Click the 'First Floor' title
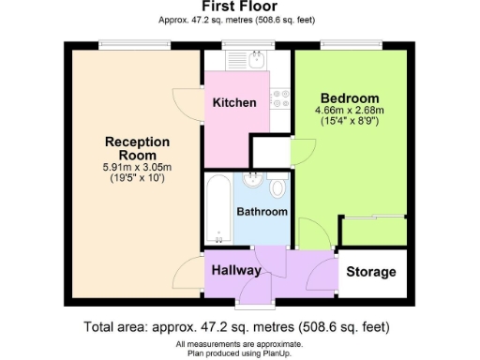[239, 7]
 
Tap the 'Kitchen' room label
[233, 102]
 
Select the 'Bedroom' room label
[350, 98]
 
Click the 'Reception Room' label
[137, 148]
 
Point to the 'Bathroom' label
[262, 212]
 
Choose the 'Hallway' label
[235, 270]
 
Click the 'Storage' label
[371, 273]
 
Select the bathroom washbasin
[251, 183]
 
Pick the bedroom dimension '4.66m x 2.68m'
[350, 111]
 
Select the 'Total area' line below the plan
[236, 327]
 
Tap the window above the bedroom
[350, 43]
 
